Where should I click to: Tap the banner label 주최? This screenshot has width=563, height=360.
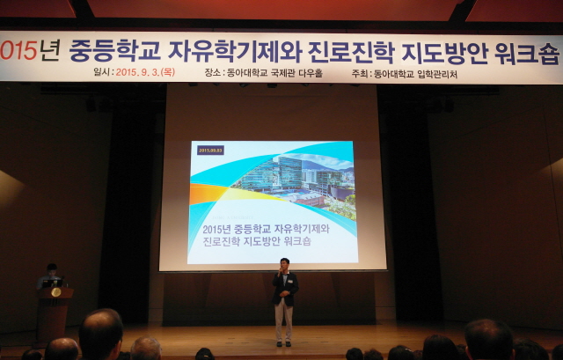coord(358,74)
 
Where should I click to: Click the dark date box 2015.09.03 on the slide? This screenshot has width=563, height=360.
coord(210,151)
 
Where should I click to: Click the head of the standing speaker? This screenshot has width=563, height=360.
coord(283,265)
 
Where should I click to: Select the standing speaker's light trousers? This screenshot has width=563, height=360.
coord(283,321)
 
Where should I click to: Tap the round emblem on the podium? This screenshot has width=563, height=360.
coord(55,291)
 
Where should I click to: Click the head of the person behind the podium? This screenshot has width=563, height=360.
coord(53,270)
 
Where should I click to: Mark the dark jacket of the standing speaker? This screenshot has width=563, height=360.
coord(284,288)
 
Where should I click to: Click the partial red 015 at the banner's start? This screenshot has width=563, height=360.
coord(18,49)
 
